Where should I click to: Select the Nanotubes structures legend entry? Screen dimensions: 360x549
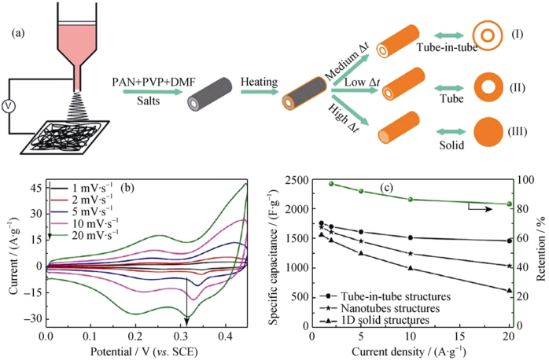[386, 308]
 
